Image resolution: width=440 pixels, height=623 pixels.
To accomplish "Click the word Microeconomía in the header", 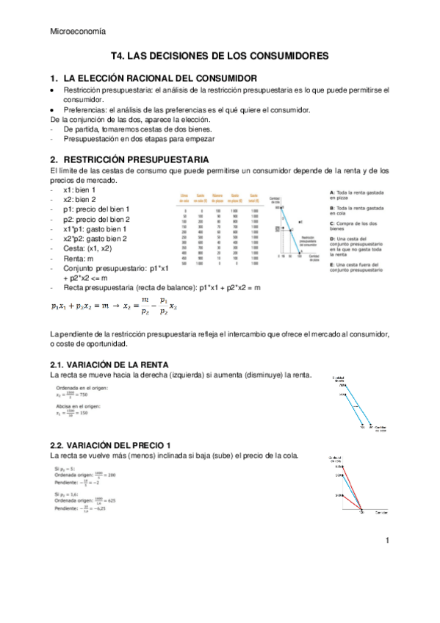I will click(x=77, y=31).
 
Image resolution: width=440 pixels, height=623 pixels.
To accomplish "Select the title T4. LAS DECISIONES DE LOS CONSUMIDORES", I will click(x=220, y=55).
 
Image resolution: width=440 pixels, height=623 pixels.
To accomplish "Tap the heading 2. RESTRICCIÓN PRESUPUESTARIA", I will click(x=129, y=159).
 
